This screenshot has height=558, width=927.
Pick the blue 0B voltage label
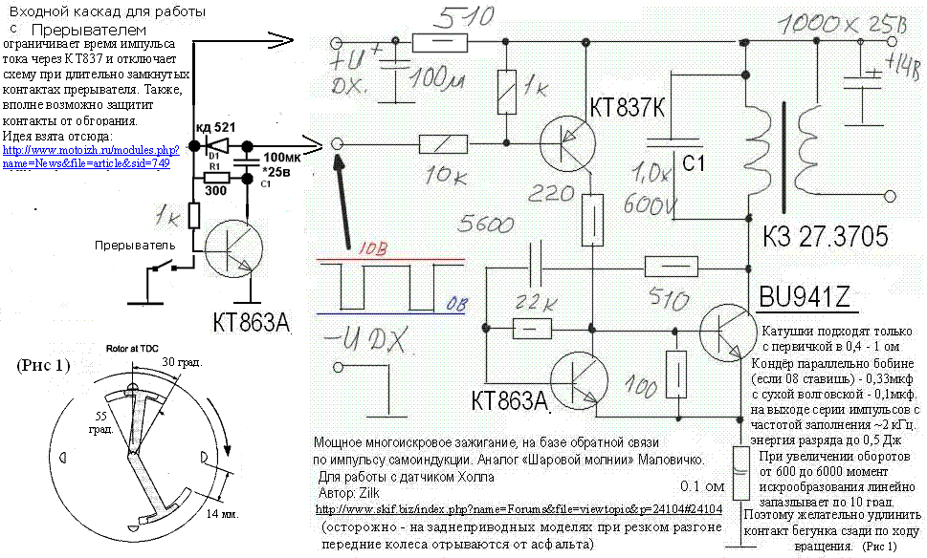[458, 304]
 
